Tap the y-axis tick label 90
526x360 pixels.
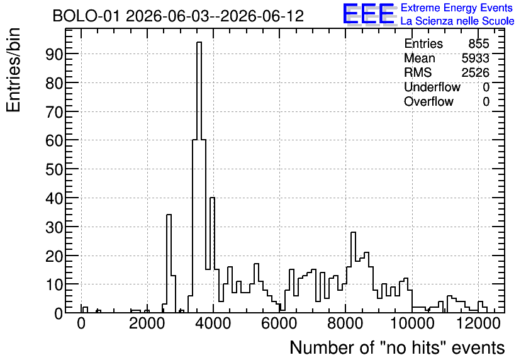pyautogui.click(x=54, y=54)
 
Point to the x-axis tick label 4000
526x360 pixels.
pyautogui.click(x=213, y=323)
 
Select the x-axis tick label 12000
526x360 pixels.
pyautogui.click(x=478, y=323)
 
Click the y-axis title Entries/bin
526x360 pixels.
pyautogui.click(x=14, y=70)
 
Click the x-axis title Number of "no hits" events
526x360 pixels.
pyautogui.click(x=397, y=347)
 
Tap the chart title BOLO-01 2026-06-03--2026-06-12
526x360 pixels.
pyautogui.click(x=178, y=16)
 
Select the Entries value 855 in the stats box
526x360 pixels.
pyautogui.click(x=479, y=43)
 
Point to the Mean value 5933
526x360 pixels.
pyautogui.click(x=475, y=58)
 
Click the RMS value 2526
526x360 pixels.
pyautogui.click(x=475, y=72)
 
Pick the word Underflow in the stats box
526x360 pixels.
pyautogui.click(x=432, y=87)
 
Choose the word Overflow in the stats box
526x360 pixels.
pyautogui.click(x=428, y=101)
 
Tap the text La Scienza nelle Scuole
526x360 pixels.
pyautogui.click(x=457, y=21)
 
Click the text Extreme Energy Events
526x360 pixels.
pyautogui.click(x=457, y=8)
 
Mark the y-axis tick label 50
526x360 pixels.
pyautogui.click(x=54, y=169)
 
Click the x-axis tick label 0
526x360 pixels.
pyautogui.click(x=81, y=323)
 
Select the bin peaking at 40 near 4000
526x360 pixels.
pyautogui.click(x=212, y=255)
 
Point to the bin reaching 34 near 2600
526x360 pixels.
pyautogui.click(x=169, y=264)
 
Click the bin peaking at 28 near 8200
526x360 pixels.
pyautogui.click(x=353, y=273)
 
